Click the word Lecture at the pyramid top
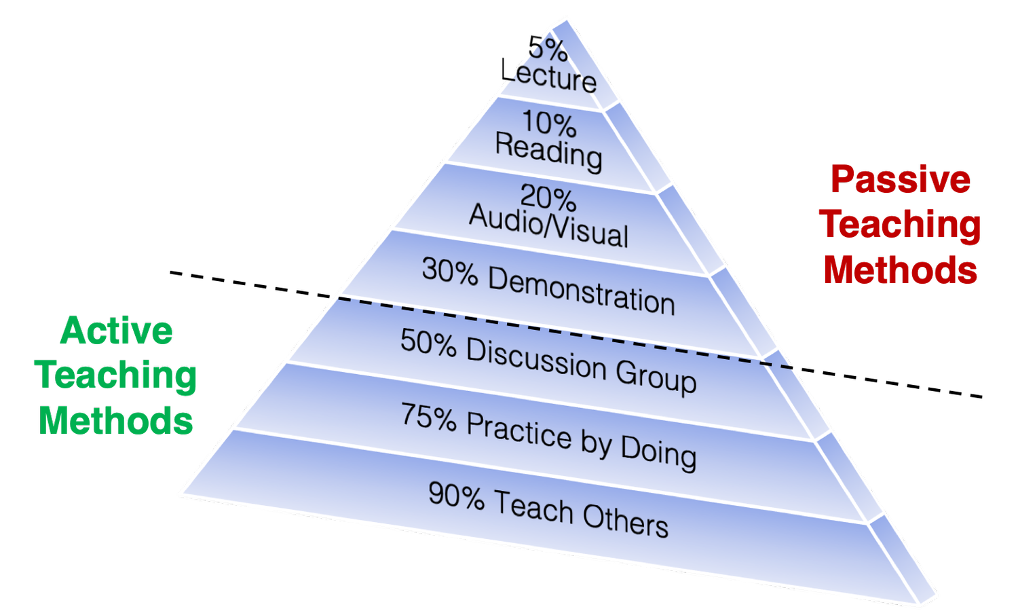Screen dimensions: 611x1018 pyautogui.click(x=551, y=77)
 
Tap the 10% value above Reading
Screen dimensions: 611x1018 pyautogui.click(x=548, y=124)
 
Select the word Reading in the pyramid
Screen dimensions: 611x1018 pyautogui.click(x=548, y=152)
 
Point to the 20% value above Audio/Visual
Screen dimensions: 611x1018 pyautogui.click(x=548, y=199)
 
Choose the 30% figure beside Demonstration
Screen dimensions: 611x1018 pyautogui.click(x=449, y=271)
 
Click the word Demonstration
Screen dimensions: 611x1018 pyautogui.click(x=581, y=290)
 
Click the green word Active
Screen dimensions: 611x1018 pyautogui.click(x=116, y=332)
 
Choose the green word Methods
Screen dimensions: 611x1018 pyautogui.click(x=116, y=420)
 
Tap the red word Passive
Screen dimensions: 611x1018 pyautogui.click(x=901, y=179)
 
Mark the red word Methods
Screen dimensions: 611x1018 pyautogui.click(x=901, y=270)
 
